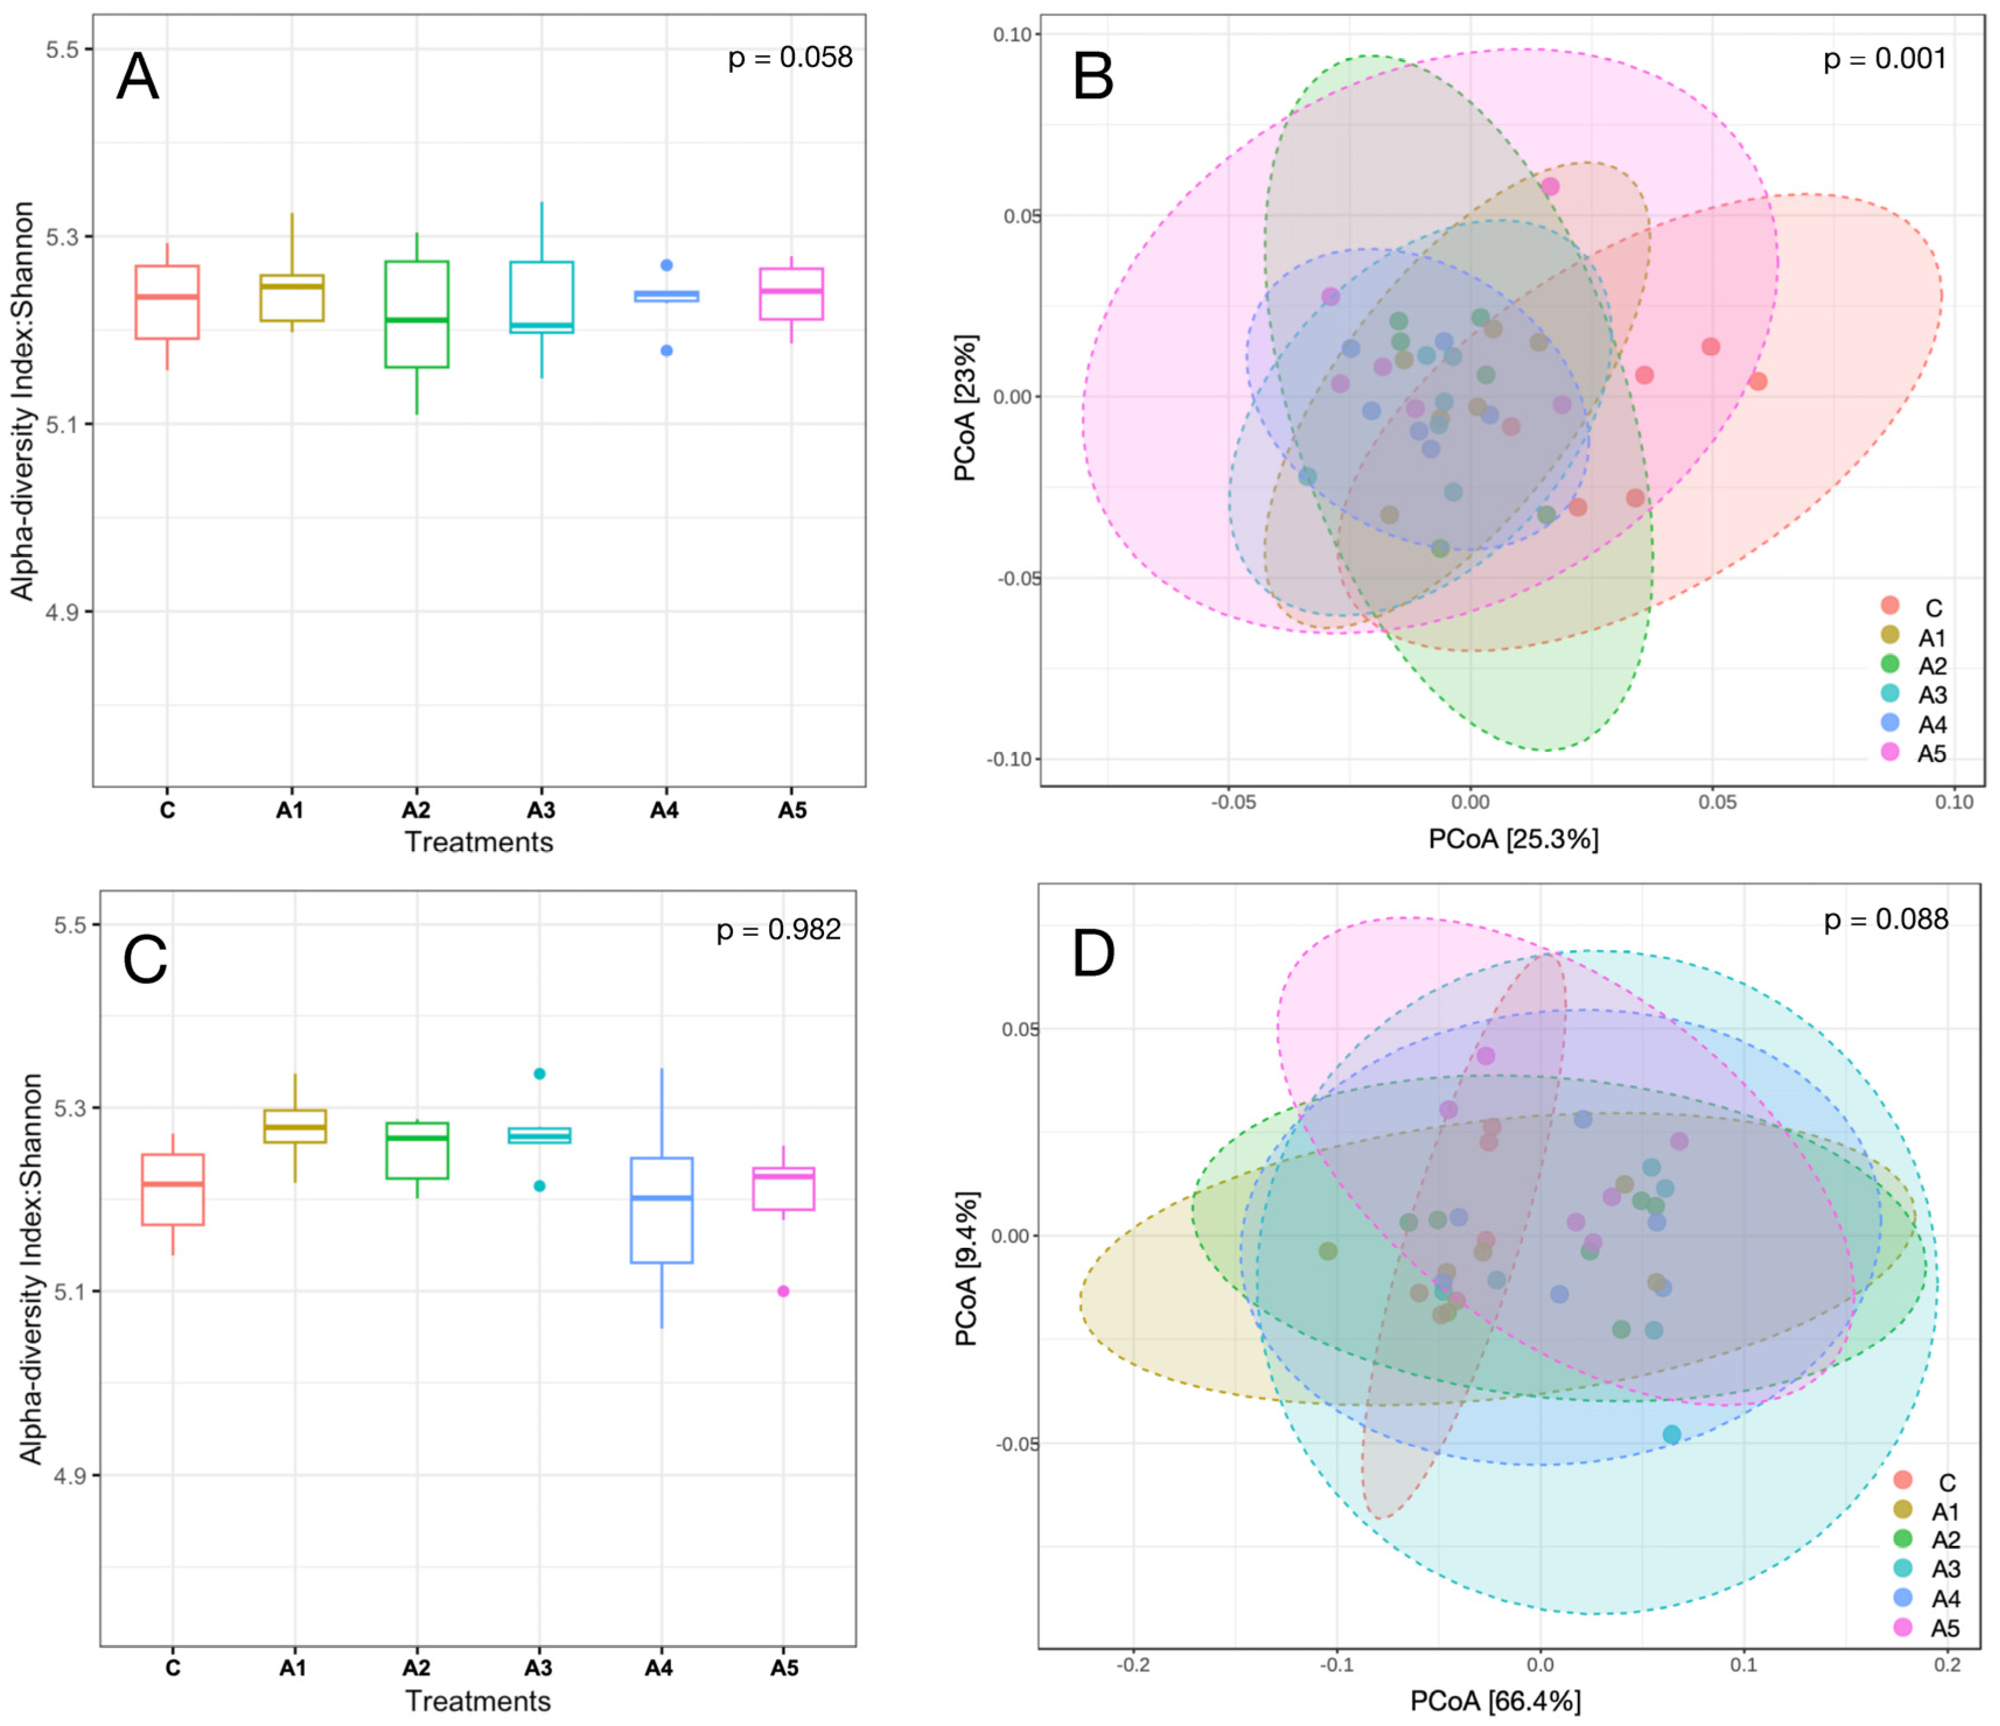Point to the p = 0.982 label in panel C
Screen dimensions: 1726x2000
[778, 929]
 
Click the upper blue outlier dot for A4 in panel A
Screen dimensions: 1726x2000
[666, 265]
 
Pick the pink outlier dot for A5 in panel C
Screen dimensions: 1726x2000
[783, 1290]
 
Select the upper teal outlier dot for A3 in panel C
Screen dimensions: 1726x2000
[539, 1074]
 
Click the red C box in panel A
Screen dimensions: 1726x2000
[167, 302]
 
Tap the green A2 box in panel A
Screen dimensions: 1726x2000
[416, 314]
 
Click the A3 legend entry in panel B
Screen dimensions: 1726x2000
[1916, 694]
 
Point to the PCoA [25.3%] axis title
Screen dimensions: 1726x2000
[1513, 839]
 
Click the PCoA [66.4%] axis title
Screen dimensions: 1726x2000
[1495, 1700]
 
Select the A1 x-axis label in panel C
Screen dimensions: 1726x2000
[293, 1667]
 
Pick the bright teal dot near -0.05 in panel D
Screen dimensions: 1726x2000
[1671, 1434]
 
